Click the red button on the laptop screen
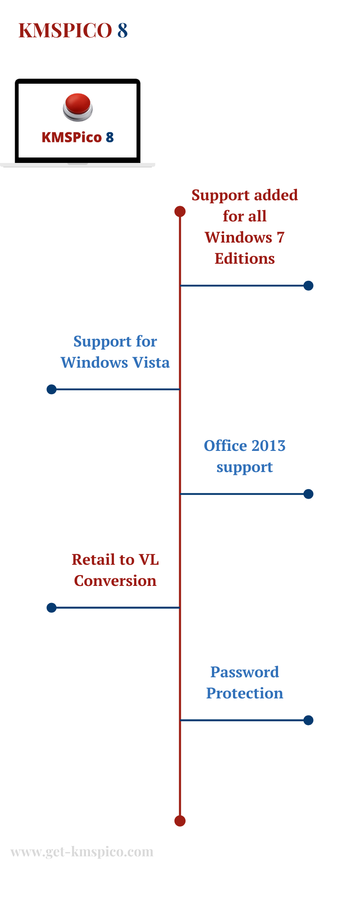click(x=78, y=107)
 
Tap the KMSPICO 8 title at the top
click(x=73, y=31)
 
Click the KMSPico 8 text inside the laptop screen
click(x=77, y=137)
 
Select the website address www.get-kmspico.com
click(x=82, y=852)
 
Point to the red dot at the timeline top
click(x=180, y=211)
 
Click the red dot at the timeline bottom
click(x=180, y=821)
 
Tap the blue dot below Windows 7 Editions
click(x=308, y=286)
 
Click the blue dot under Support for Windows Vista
click(x=52, y=389)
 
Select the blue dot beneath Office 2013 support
click(x=308, y=494)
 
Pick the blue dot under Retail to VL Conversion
click(x=52, y=608)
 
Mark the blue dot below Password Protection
click(x=308, y=720)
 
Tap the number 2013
click(x=268, y=445)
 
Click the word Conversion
click(x=115, y=580)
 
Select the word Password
click(x=245, y=672)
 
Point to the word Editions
click(x=245, y=258)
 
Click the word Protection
click(x=245, y=693)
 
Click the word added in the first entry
click(x=276, y=195)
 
